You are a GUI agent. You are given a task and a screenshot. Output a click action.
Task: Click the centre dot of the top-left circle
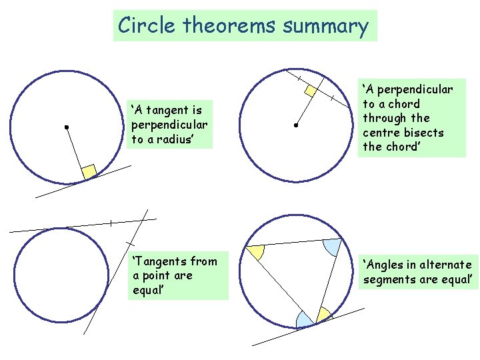pos(67,126)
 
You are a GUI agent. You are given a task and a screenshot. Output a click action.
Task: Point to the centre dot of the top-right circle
pos(295,125)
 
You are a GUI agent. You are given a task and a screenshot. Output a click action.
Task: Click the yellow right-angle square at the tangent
pos(89,171)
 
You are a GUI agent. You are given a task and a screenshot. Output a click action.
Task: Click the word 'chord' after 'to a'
pos(405,104)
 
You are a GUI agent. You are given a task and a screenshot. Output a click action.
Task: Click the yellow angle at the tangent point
pos(323,313)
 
